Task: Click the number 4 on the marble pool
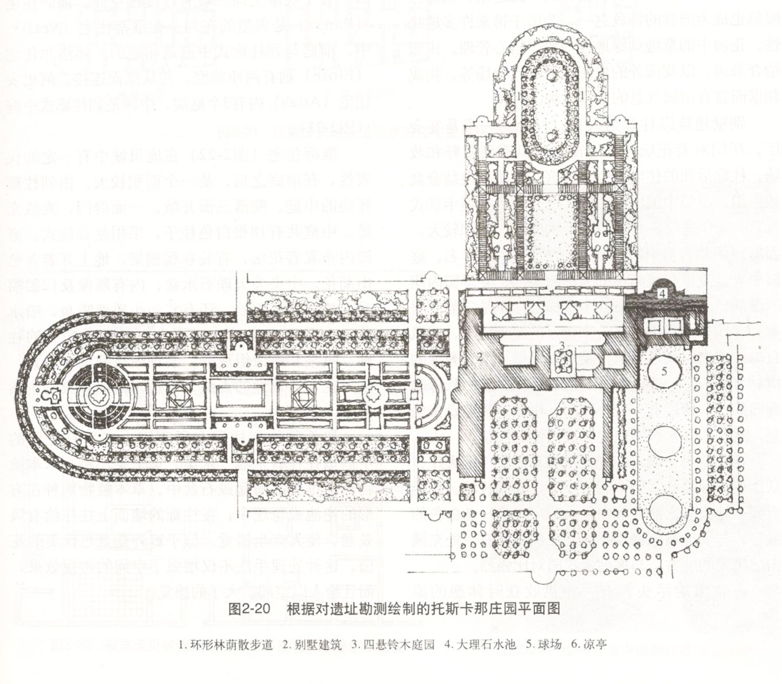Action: point(661,293)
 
